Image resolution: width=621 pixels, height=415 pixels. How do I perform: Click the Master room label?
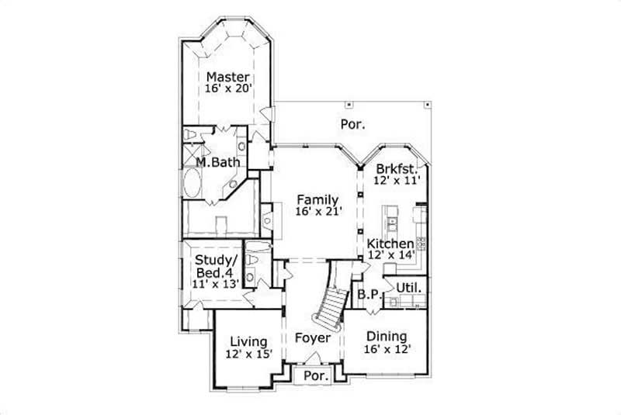[x=227, y=77]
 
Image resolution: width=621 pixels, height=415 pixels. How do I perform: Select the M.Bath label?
[x=217, y=162]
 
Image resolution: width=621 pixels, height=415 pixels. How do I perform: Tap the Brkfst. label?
[x=397, y=168]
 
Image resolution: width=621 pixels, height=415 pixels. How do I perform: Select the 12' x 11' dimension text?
[x=397, y=180]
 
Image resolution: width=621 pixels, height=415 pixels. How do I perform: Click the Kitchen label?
[x=390, y=244]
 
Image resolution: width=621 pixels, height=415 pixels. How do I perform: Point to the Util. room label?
[x=409, y=288]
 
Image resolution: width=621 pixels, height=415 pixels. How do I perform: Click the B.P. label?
[x=366, y=295]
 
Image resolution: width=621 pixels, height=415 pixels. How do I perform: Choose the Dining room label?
[x=386, y=337]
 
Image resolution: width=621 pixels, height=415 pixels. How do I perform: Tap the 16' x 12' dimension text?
[x=386, y=349]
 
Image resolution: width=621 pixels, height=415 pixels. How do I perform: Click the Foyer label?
[x=312, y=339]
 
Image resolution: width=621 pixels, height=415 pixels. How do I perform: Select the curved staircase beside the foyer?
[x=331, y=306]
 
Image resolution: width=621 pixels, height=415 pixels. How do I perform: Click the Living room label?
[x=248, y=341]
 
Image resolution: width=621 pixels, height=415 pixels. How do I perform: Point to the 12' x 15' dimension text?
[x=248, y=354]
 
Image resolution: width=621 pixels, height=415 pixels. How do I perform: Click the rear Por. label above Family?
[x=353, y=123]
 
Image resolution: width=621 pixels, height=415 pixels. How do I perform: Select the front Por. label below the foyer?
[x=316, y=375]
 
